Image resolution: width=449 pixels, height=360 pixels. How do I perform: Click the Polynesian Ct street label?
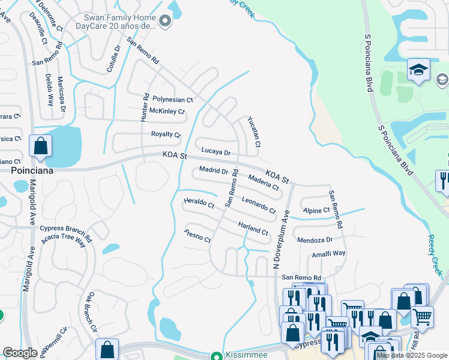coord(172,100)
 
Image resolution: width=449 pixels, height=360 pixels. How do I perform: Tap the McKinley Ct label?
coord(167,112)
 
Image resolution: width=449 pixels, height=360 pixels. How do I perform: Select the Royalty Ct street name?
coord(166,134)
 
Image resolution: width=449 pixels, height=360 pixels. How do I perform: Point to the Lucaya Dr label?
coord(216,152)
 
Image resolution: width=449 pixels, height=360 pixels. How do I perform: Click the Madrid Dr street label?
coord(214,171)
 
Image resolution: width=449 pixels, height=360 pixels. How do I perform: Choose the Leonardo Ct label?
coord(258,205)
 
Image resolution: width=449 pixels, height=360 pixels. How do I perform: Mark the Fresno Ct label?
coord(198,236)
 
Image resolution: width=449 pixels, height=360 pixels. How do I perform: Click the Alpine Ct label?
coord(316,211)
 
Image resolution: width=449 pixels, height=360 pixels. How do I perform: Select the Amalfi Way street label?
coord(328,254)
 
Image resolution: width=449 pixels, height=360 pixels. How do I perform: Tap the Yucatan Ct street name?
coord(254,132)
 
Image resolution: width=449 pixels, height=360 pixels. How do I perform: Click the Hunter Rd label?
coord(145,108)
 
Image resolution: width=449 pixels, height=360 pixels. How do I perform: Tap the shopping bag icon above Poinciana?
coord(40,146)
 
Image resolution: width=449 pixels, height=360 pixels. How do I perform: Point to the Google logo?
coord(20,353)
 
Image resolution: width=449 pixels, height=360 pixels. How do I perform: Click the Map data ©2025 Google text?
coord(412,355)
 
